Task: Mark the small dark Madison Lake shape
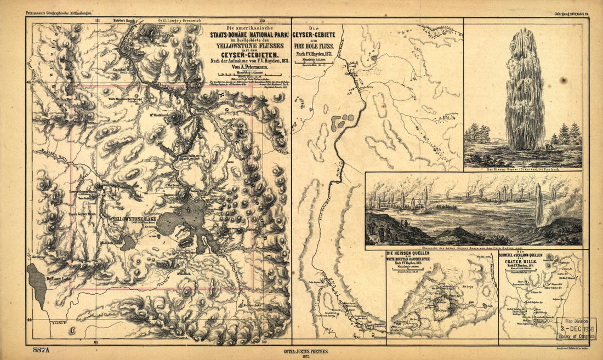(127, 243)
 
